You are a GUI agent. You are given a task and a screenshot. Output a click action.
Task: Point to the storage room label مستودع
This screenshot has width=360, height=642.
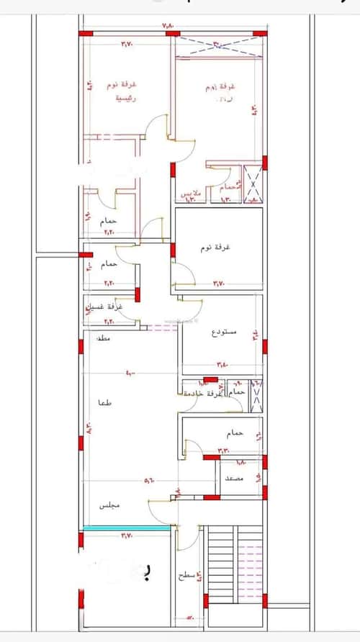click(x=225, y=333)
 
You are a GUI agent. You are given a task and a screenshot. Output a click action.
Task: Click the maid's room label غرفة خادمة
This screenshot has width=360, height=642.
click(x=203, y=394)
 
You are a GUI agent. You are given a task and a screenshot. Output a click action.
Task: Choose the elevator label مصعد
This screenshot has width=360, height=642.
click(x=233, y=478)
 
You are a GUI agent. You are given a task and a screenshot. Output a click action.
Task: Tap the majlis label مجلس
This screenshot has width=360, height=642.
click(x=109, y=507)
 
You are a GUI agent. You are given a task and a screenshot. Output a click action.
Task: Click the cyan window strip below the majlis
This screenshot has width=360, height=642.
click(x=127, y=528)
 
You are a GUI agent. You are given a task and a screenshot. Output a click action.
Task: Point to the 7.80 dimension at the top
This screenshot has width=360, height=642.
click(x=168, y=27)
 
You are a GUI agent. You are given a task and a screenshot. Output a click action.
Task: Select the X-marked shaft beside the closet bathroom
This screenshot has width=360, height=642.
click(x=253, y=183)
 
